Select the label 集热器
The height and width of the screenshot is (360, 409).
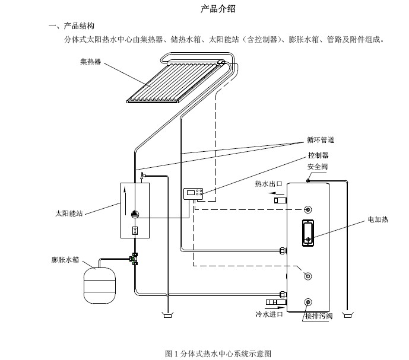click(90, 62)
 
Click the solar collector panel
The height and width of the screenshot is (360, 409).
click(172, 79)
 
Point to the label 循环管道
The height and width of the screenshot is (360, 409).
click(321, 141)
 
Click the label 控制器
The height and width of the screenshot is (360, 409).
click(318, 155)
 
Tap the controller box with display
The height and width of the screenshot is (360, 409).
click(193, 193)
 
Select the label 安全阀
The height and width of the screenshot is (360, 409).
click(317, 167)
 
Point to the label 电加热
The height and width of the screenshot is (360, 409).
click(378, 219)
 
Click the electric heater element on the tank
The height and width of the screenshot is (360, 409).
click(307, 232)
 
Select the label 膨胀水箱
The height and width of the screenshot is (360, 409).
click(65, 260)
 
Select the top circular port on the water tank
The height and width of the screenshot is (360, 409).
click(307, 210)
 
